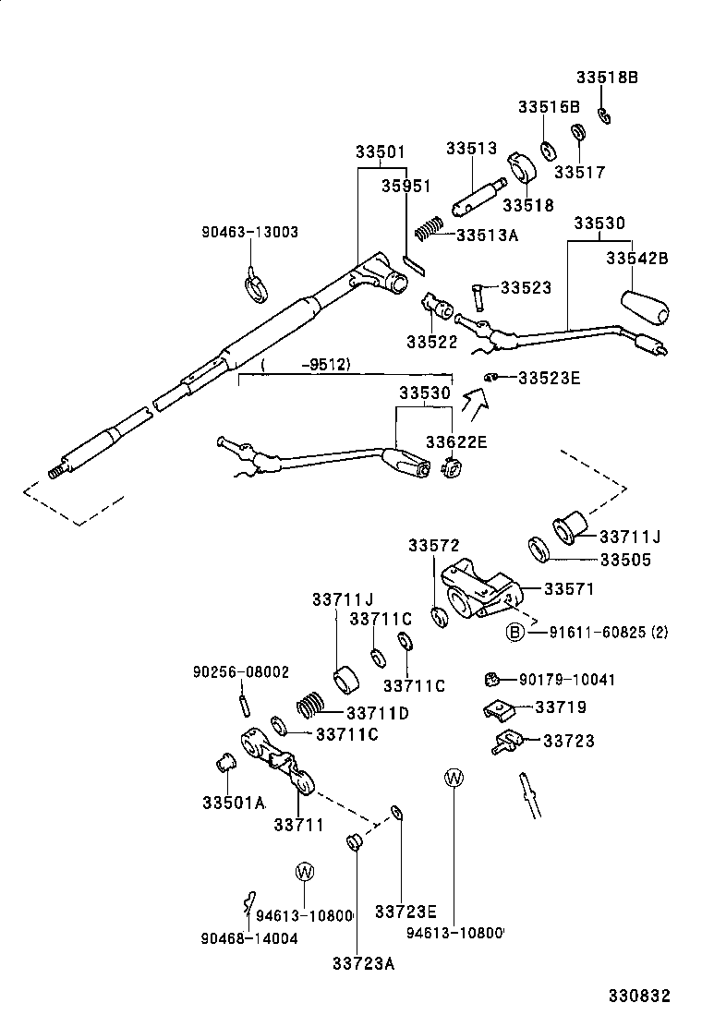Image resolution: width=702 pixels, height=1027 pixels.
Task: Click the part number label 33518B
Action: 607,79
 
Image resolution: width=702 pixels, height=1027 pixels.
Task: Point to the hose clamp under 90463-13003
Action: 256,286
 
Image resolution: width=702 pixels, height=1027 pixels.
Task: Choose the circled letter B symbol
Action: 514,632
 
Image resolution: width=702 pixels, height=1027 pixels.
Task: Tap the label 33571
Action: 568,588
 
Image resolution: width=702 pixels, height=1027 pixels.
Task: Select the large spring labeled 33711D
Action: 312,709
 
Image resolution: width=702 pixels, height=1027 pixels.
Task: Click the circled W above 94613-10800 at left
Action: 305,871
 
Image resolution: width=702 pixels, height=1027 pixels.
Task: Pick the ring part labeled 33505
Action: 540,550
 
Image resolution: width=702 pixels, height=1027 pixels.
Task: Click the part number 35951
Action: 406,186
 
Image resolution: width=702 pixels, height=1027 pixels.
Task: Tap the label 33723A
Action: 363,963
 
